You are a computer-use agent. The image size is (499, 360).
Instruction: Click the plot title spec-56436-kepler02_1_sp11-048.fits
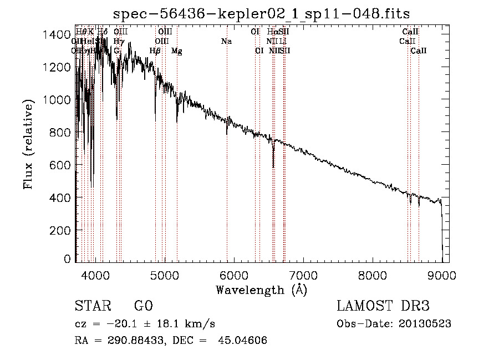coord(261,13)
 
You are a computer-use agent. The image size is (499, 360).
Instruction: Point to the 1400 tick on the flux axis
coord(55,34)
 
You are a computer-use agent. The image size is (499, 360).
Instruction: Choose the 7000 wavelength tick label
coord(303,275)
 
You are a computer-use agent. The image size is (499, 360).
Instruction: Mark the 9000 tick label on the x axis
coord(441,275)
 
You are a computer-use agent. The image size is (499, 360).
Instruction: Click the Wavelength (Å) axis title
coord(261,290)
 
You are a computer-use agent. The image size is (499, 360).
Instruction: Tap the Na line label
coord(226,42)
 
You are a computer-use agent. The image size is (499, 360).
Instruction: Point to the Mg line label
coord(177,51)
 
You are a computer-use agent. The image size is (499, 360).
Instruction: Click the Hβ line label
coord(155,51)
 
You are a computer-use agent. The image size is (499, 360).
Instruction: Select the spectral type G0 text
coord(143,306)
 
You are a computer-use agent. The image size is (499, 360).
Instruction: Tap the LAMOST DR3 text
coord(383,306)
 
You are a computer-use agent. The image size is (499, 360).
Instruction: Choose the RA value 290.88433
coord(132,341)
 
